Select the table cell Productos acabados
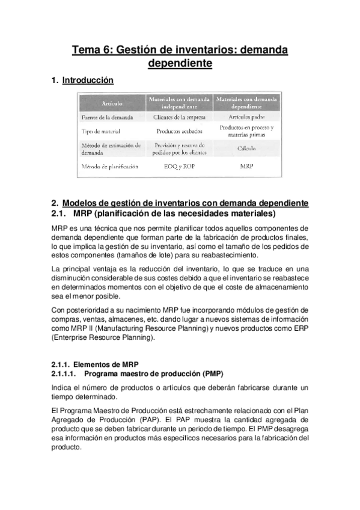(x=178, y=131)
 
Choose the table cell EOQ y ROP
(x=178, y=165)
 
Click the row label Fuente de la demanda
(x=106, y=117)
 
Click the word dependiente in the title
(x=180, y=63)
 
